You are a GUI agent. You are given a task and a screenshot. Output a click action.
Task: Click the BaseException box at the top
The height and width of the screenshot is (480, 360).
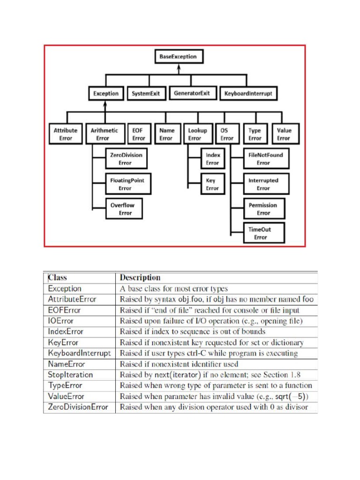(178, 57)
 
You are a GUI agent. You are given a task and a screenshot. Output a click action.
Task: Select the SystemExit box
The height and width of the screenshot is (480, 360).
(145, 93)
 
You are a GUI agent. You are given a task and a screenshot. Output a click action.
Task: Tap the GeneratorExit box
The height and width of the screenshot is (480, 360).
(192, 93)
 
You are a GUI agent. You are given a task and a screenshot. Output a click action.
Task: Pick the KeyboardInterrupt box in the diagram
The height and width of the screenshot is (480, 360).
(248, 93)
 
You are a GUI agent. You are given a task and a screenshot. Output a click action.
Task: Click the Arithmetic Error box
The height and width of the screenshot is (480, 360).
(104, 134)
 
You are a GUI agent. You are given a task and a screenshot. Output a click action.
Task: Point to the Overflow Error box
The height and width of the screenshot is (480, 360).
(125, 209)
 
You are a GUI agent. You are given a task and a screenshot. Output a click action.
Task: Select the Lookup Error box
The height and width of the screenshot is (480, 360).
(197, 134)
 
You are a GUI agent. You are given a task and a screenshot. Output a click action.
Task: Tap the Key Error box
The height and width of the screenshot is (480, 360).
(212, 184)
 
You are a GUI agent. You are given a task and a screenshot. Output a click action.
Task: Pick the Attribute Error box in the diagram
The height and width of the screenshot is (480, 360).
(66, 134)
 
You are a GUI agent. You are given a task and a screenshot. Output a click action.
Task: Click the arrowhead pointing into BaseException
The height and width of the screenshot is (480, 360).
(178, 67)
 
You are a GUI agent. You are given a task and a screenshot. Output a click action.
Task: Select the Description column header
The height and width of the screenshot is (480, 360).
(140, 277)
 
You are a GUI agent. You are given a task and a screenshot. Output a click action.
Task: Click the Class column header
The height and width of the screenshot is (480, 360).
(58, 277)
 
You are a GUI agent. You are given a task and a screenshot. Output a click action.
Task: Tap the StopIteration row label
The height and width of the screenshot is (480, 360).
(70, 375)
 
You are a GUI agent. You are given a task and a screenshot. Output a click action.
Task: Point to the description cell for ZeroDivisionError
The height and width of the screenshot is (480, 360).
(214, 407)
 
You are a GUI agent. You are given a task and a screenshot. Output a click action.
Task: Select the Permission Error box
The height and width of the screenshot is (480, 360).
(263, 209)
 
